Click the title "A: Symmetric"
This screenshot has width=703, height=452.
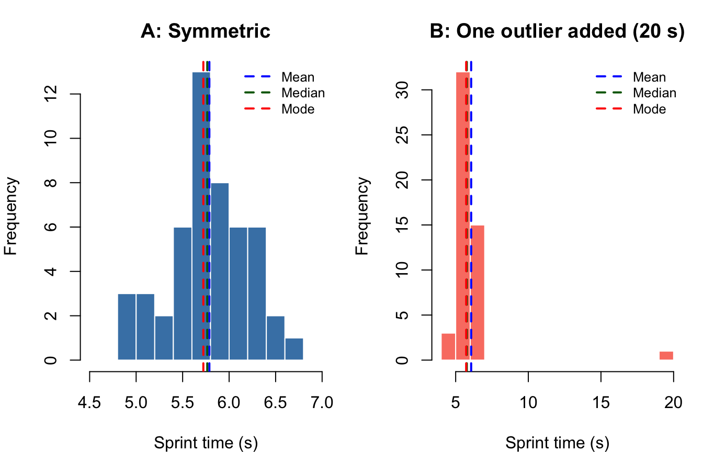click(x=206, y=31)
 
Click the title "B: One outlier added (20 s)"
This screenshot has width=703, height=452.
click(x=557, y=31)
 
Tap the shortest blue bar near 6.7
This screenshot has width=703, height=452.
click(x=294, y=349)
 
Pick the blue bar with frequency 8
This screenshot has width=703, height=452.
click(x=220, y=272)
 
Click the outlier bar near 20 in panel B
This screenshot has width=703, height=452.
click(x=666, y=356)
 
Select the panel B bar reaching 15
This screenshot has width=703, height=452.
click(x=478, y=293)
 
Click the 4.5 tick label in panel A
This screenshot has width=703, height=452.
click(x=90, y=403)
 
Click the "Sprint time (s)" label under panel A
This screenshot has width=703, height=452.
click(x=206, y=443)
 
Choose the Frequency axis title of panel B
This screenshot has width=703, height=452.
click(x=362, y=216)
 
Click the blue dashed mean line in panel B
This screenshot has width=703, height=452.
click(x=471, y=157)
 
